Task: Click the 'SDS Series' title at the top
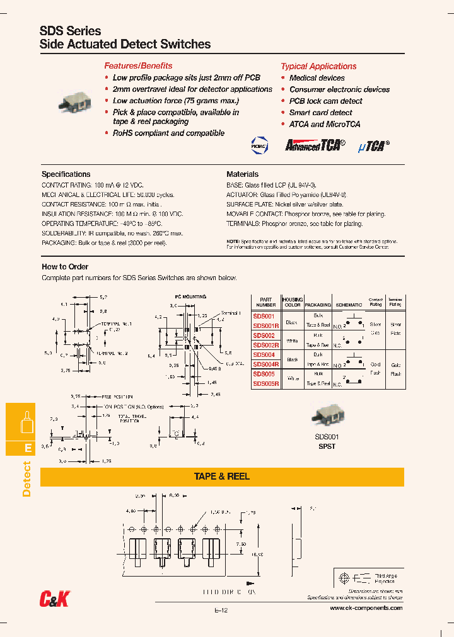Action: pyautogui.click(x=70, y=31)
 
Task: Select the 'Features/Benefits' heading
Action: pyautogui.click(x=138, y=65)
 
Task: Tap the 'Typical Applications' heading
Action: pyautogui.click(x=318, y=66)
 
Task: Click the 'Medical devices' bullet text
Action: pyautogui.click(x=317, y=78)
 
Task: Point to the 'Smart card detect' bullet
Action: pyautogui.click(x=320, y=113)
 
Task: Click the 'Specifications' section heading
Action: pyautogui.click(x=66, y=174)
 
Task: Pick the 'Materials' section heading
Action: pyautogui.click(x=243, y=174)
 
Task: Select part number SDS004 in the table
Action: pyautogui.click(x=264, y=355)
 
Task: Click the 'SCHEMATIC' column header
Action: pyautogui.click(x=349, y=304)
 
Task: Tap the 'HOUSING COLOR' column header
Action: pyautogui.click(x=293, y=302)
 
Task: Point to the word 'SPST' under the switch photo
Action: pyautogui.click(x=327, y=446)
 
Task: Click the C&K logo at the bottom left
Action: pyautogui.click(x=55, y=600)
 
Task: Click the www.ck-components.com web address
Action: pyautogui.click(x=366, y=608)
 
